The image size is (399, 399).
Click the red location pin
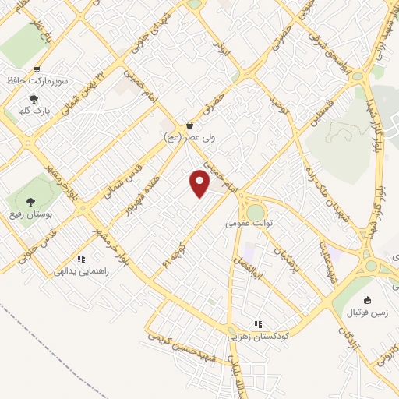200,183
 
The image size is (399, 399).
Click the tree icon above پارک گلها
34,98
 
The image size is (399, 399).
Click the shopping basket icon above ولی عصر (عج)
189,125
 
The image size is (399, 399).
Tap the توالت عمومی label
252,223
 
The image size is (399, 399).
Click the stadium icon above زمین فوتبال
368,300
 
